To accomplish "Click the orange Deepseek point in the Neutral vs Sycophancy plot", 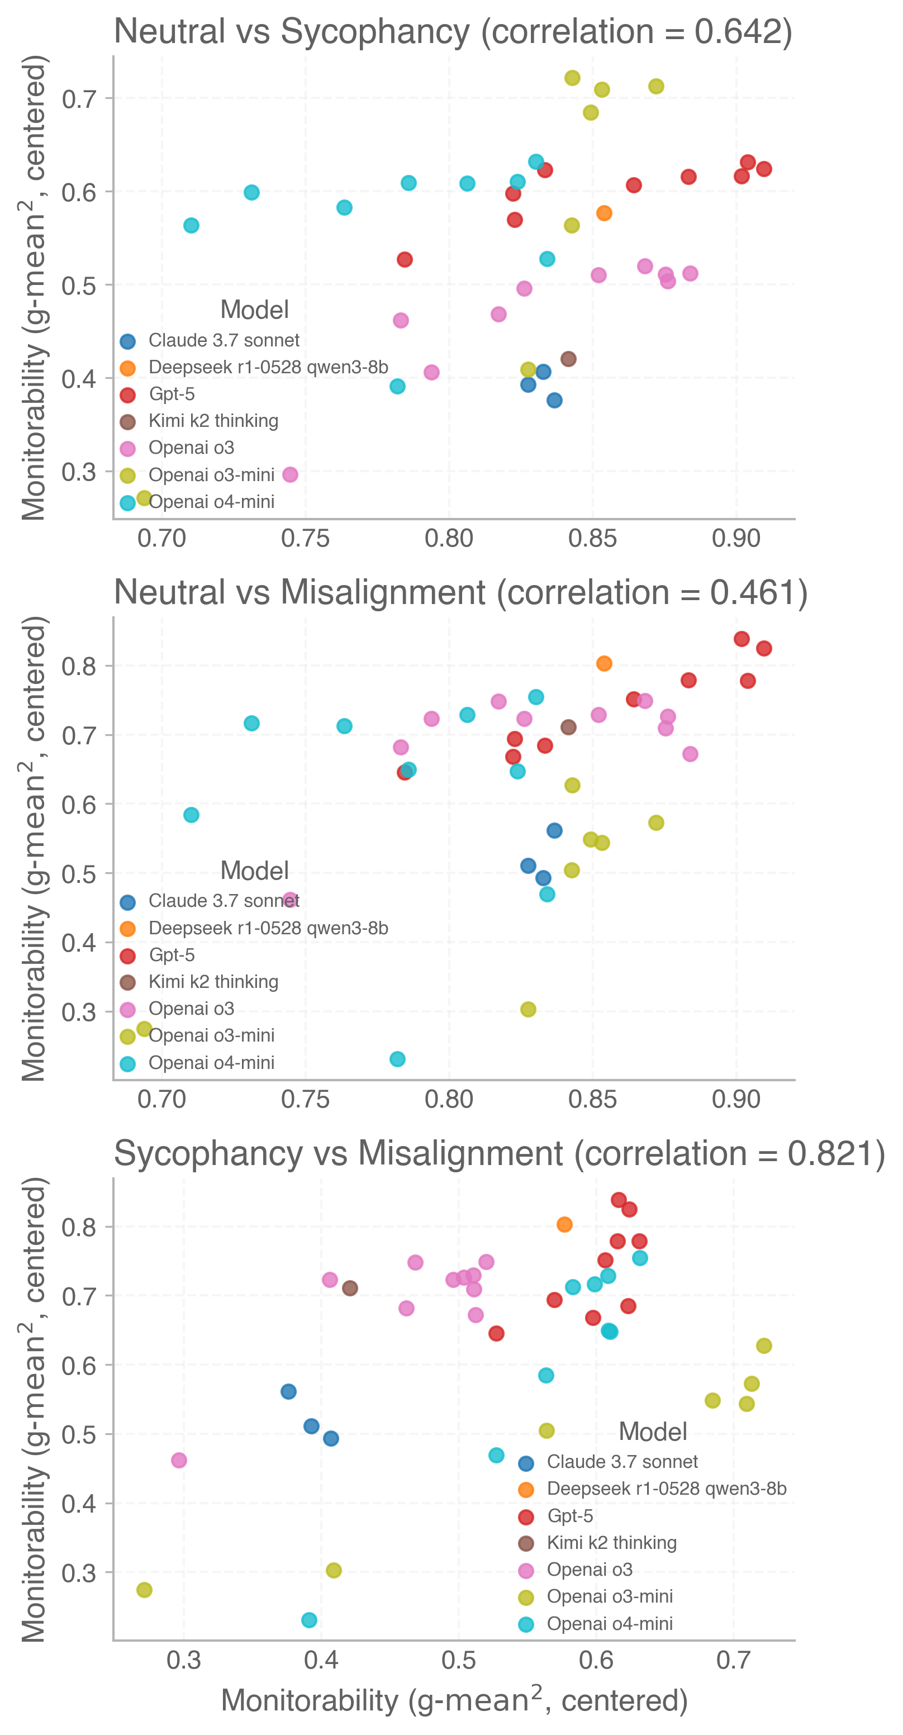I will pos(604,213).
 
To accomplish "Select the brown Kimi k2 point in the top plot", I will pos(568,358).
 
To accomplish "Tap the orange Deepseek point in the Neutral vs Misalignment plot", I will pos(604,663).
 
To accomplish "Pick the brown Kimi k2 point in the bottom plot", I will pos(349,1288).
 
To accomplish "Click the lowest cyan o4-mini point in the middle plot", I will pos(397,1059).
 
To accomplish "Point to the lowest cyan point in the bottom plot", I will pos(309,1619).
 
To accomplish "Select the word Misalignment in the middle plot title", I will pos(382,593).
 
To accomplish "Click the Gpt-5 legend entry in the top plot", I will pos(172,394).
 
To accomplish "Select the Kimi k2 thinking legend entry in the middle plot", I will pos(213,981).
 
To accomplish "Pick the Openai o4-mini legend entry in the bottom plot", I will pos(610,1623).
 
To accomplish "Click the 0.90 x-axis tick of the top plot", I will pos(736,538).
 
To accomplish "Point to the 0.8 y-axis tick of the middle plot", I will pos(79,666).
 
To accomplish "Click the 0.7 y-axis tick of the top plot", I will pos(79,99).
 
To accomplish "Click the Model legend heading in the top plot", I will pos(255,310).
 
